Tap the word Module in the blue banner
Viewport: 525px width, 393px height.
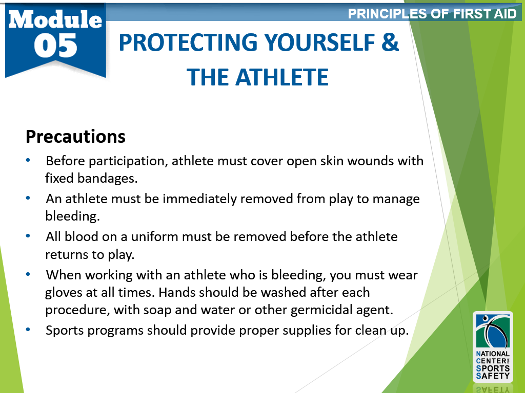pos(55,19)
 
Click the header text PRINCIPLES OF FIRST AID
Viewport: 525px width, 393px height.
pos(432,14)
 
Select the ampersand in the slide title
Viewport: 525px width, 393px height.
pos(390,42)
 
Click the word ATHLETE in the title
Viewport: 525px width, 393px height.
pos(282,77)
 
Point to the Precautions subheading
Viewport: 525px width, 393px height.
pos(76,137)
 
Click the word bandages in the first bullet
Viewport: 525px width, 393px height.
pos(107,179)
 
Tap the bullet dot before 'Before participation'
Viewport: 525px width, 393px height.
pos(28,160)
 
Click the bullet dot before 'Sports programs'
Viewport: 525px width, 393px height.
pos(28,330)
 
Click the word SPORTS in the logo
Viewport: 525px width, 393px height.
pos(493,368)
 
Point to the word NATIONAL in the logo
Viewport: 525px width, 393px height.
pos(493,354)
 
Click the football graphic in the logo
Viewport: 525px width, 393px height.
pos(493,332)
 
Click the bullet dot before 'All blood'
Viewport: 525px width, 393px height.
pos(28,236)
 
